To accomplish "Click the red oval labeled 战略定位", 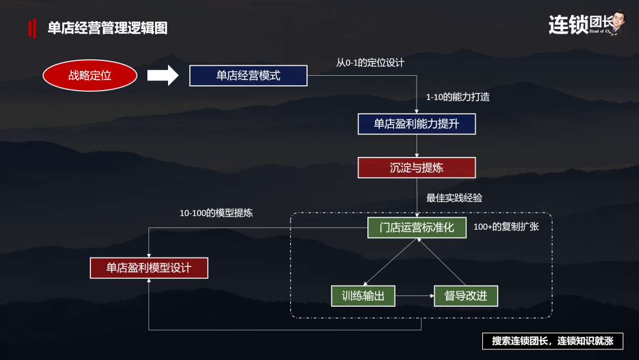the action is [90, 75].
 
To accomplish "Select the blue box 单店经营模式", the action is [248, 75].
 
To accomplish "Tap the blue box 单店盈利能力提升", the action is [417, 124].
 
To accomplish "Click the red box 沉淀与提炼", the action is [417, 168].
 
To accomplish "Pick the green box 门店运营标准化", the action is [417, 227].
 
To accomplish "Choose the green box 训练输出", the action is [363, 295].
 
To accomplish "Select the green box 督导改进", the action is [466, 295].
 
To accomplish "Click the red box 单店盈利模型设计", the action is [149, 268].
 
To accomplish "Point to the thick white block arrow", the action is [163, 75].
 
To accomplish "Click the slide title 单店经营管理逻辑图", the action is [108, 28].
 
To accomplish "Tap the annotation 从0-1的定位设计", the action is [370, 63].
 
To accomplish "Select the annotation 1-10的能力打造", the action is [457, 97].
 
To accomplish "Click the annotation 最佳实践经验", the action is [454, 198].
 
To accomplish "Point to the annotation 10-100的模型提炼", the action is [216, 213].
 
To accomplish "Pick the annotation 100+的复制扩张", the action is [506, 227].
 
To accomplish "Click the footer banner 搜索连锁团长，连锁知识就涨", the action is [553, 341].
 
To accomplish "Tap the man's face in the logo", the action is [619, 19].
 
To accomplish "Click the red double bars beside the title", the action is [32, 28].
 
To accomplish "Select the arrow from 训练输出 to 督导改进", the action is [414, 295].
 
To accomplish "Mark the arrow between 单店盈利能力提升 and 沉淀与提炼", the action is [417, 146].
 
